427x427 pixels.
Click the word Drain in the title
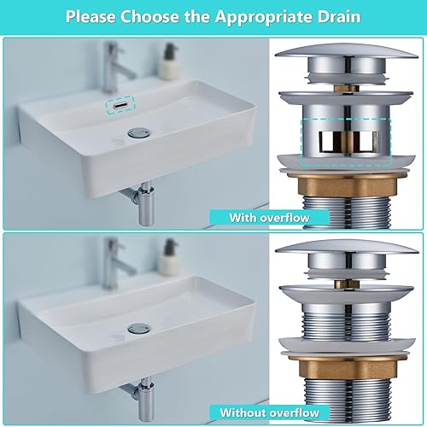pyautogui.click(x=339, y=17)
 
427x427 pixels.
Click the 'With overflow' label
pyautogui.click(x=269, y=218)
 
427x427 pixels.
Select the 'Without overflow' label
pyautogui.click(x=269, y=412)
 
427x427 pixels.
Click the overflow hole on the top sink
pyautogui.click(x=120, y=105)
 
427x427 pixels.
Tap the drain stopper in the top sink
pyautogui.click(x=137, y=133)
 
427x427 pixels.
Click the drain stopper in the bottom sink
pyautogui.click(x=137, y=329)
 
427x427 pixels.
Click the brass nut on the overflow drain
pyautogui.click(x=348, y=186)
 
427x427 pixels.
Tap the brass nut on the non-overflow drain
pyautogui.click(x=348, y=368)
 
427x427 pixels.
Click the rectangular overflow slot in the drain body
pyautogui.click(x=349, y=141)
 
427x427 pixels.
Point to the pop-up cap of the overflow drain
pyautogui.click(x=347, y=52)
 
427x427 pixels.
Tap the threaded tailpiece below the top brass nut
pyautogui.click(x=348, y=212)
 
